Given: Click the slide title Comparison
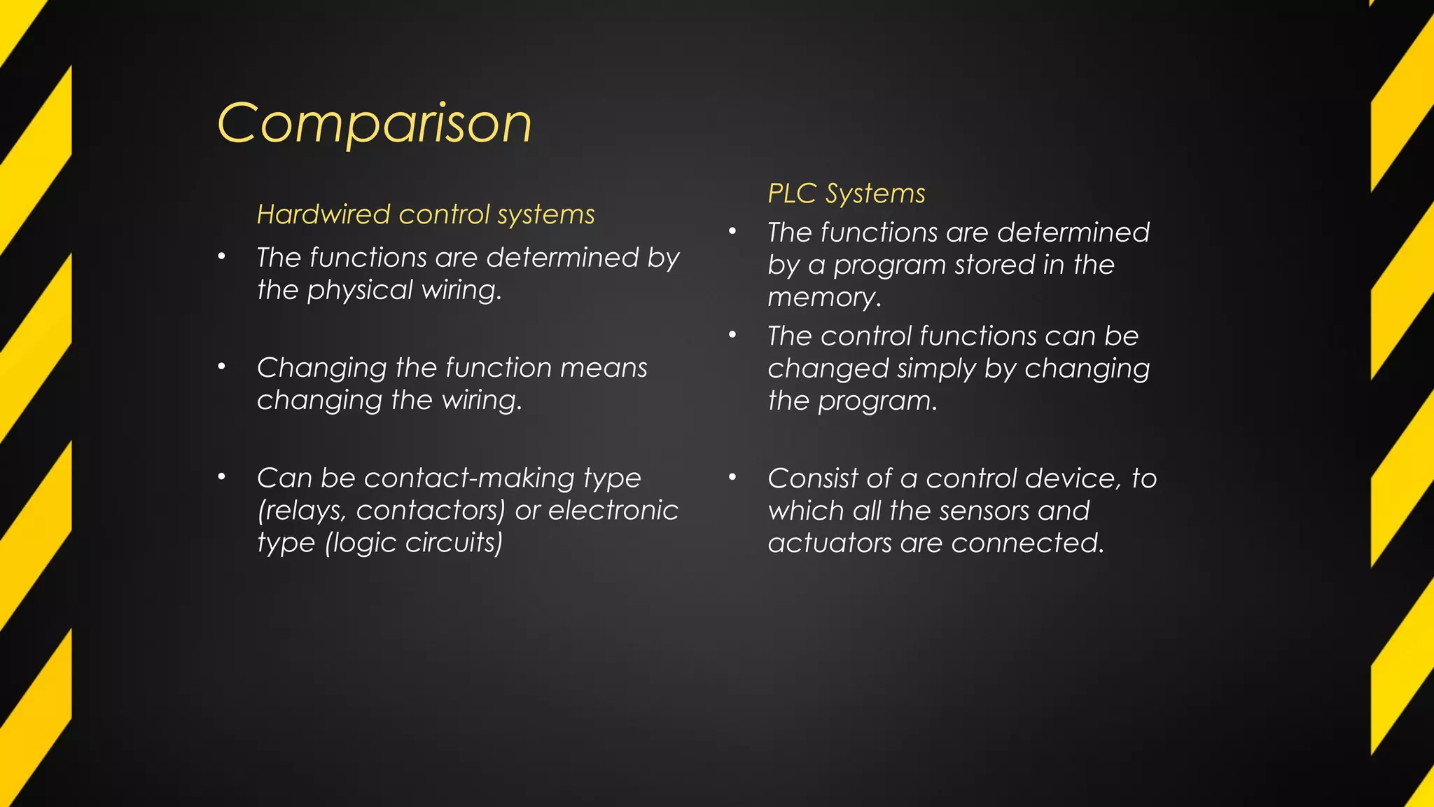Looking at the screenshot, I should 375,123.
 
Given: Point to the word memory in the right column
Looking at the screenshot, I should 823,298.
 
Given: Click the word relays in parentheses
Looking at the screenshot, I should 302,511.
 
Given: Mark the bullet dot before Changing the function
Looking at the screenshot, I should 221,366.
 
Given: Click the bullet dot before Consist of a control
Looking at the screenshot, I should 732,477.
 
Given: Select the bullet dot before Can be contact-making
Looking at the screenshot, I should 221,477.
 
